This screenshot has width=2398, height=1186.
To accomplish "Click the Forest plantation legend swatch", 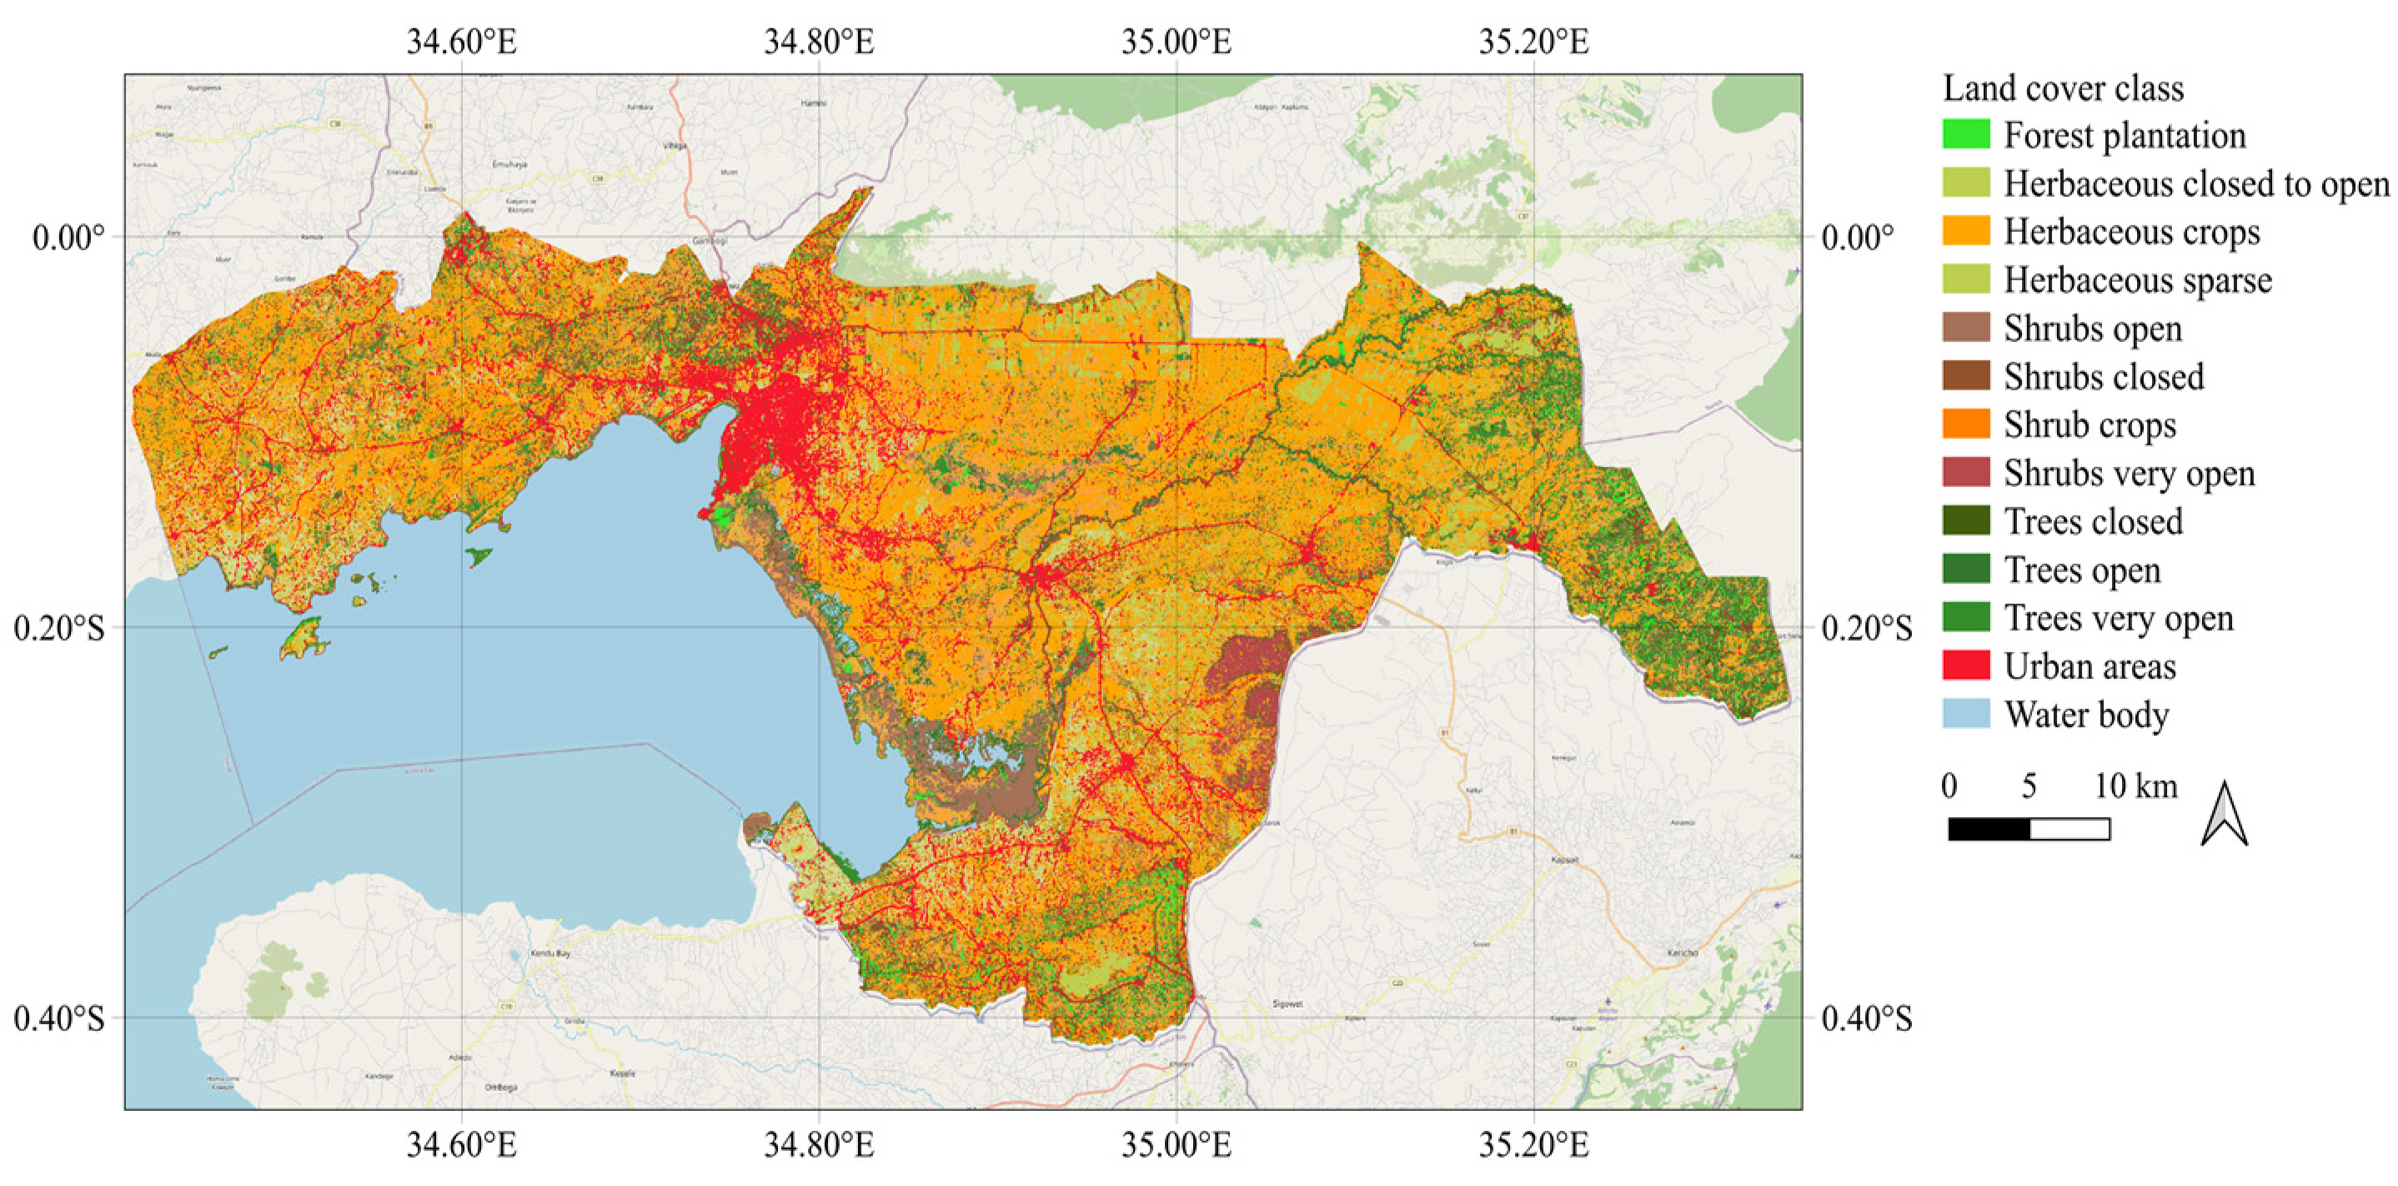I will pyautogui.click(x=1965, y=134).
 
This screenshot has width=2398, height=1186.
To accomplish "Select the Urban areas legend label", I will pyautogui.click(x=2089, y=666).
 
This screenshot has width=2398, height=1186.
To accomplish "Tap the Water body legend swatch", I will pyautogui.click(x=1965, y=714).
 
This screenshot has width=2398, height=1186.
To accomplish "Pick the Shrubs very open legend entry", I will pyautogui.click(x=2128, y=473).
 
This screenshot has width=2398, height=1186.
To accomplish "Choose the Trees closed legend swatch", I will pyautogui.click(x=1965, y=520).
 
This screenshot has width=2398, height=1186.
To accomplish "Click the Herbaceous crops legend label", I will pyautogui.click(x=2131, y=231).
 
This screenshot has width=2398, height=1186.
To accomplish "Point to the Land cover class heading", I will pyautogui.click(x=2062, y=88).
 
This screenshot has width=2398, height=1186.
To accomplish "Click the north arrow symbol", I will pyautogui.click(x=2223, y=815).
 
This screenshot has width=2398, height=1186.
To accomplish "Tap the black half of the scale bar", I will pyautogui.click(x=1989, y=828).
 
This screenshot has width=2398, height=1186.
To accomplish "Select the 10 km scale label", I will pyautogui.click(x=2135, y=786).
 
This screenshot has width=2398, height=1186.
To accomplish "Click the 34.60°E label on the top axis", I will pyautogui.click(x=461, y=42).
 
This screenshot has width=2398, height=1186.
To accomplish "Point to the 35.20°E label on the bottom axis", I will pyautogui.click(x=1533, y=1144).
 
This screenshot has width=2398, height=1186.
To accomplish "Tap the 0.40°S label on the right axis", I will pyautogui.click(x=1867, y=1018).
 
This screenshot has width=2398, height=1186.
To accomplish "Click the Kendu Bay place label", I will pyautogui.click(x=549, y=953).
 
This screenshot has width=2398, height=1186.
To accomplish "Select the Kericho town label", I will pyautogui.click(x=1682, y=952).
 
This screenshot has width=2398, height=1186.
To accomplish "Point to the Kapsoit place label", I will pyautogui.click(x=1565, y=859).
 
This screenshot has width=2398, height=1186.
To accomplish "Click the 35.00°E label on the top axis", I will pyautogui.click(x=1176, y=42).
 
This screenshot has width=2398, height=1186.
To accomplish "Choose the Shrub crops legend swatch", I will pyautogui.click(x=1965, y=424).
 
